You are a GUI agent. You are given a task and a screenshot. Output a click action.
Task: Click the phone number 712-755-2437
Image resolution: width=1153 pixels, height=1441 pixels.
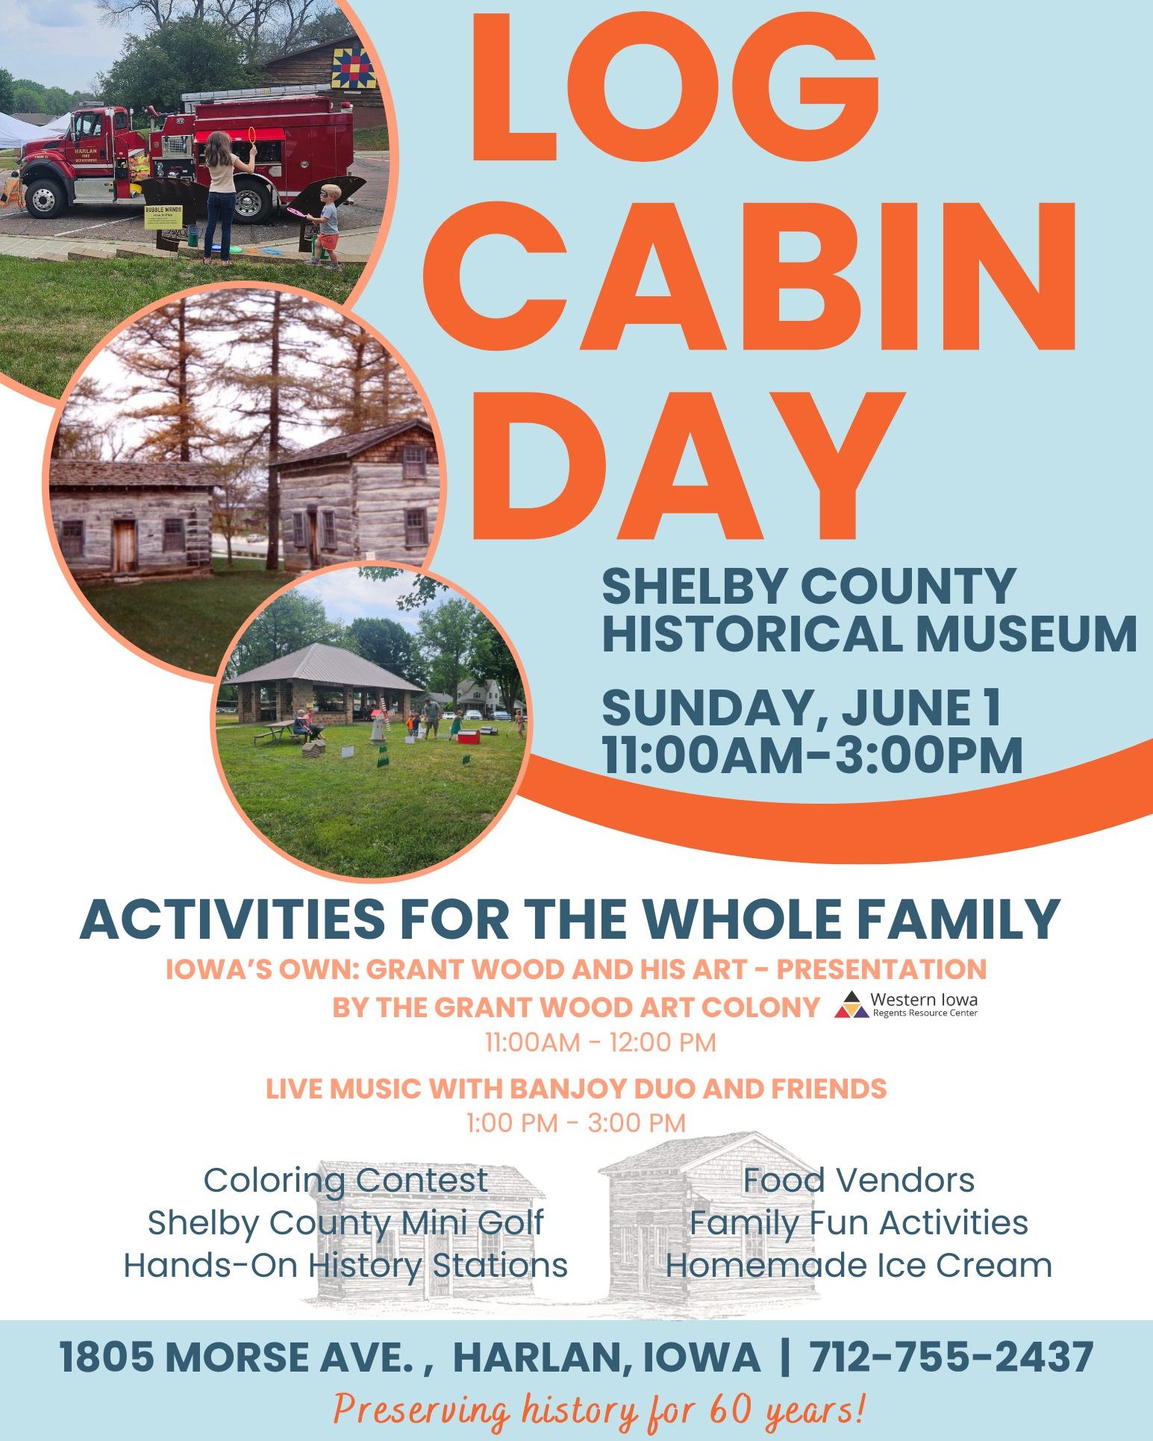pyautogui.click(x=952, y=1356)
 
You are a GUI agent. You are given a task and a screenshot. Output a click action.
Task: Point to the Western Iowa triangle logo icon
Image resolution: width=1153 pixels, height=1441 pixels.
pyautogui.click(x=852, y=1004)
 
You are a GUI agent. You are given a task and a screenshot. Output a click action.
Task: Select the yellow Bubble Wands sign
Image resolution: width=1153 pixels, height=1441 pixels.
pyautogui.click(x=163, y=216)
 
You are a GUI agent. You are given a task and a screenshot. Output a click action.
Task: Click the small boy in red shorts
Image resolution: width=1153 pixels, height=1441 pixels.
pyautogui.click(x=327, y=224)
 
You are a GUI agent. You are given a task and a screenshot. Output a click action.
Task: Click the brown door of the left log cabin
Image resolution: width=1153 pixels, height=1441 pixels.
pyautogui.click(x=124, y=544)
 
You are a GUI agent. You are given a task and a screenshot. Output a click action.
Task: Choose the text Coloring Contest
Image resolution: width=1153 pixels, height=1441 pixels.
pyautogui.click(x=346, y=1181)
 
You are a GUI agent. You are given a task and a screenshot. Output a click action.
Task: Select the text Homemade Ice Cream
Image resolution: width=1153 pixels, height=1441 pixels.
pyautogui.click(x=859, y=1266)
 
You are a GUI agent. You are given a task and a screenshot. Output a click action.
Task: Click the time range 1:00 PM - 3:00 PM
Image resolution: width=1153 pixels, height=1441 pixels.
pyautogui.click(x=576, y=1122)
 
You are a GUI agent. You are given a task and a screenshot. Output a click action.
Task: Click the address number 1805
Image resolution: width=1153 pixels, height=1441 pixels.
pyautogui.click(x=108, y=1356)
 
